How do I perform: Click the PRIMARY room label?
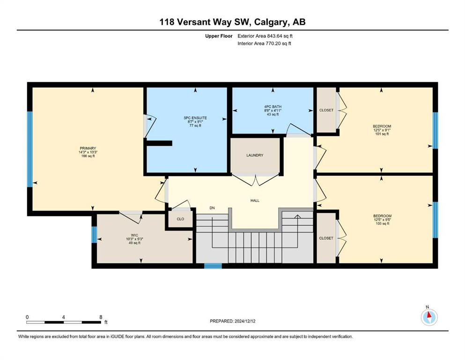click(x=88, y=149)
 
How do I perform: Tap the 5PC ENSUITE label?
click(x=195, y=118)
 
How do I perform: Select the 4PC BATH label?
click(x=273, y=106)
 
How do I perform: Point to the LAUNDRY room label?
click(x=255, y=155)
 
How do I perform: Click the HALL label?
click(x=255, y=201)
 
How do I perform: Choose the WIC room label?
click(x=134, y=235)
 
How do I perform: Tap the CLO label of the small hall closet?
click(x=180, y=219)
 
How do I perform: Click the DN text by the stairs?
click(x=212, y=208)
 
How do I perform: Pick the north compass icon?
click(x=429, y=317)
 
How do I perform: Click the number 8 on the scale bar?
click(x=101, y=317)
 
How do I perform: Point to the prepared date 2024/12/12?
click(x=245, y=321)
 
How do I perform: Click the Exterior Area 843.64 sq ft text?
click(x=265, y=36)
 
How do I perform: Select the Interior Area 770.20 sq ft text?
click(x=264, y=43)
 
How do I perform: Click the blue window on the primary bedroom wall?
click(x=30, y=149)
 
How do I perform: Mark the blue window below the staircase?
click(x=213, y=266)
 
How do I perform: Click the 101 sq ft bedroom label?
click(x=382, y=134)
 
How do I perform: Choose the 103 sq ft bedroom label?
click(x=383, y=224)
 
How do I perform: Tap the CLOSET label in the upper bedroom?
click(x=326, y=110)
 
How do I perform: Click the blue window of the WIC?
click(x=94, y=234)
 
